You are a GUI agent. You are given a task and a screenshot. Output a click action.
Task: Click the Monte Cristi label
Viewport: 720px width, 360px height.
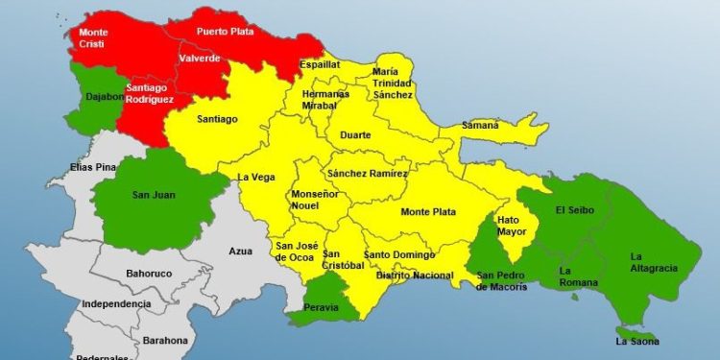click(94, 38)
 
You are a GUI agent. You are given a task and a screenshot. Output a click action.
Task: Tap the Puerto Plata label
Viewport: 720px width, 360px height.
click(224, 31)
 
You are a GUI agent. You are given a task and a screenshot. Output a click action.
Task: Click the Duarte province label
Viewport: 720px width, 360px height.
click(355, 135)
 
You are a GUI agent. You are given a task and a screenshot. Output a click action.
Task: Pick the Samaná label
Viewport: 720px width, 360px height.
click(480, 125)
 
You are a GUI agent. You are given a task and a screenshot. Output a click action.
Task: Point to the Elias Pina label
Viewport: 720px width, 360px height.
click(93, 167)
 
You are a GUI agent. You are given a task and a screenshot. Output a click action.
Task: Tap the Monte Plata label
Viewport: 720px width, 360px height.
click(428, 211)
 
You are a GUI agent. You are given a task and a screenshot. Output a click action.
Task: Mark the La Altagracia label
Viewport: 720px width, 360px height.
click(650, 263)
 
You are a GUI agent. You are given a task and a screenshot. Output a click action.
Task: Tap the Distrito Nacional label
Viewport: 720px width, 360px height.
click(415, 276)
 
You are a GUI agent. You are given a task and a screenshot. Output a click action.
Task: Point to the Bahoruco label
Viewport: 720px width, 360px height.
click(149, 274)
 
